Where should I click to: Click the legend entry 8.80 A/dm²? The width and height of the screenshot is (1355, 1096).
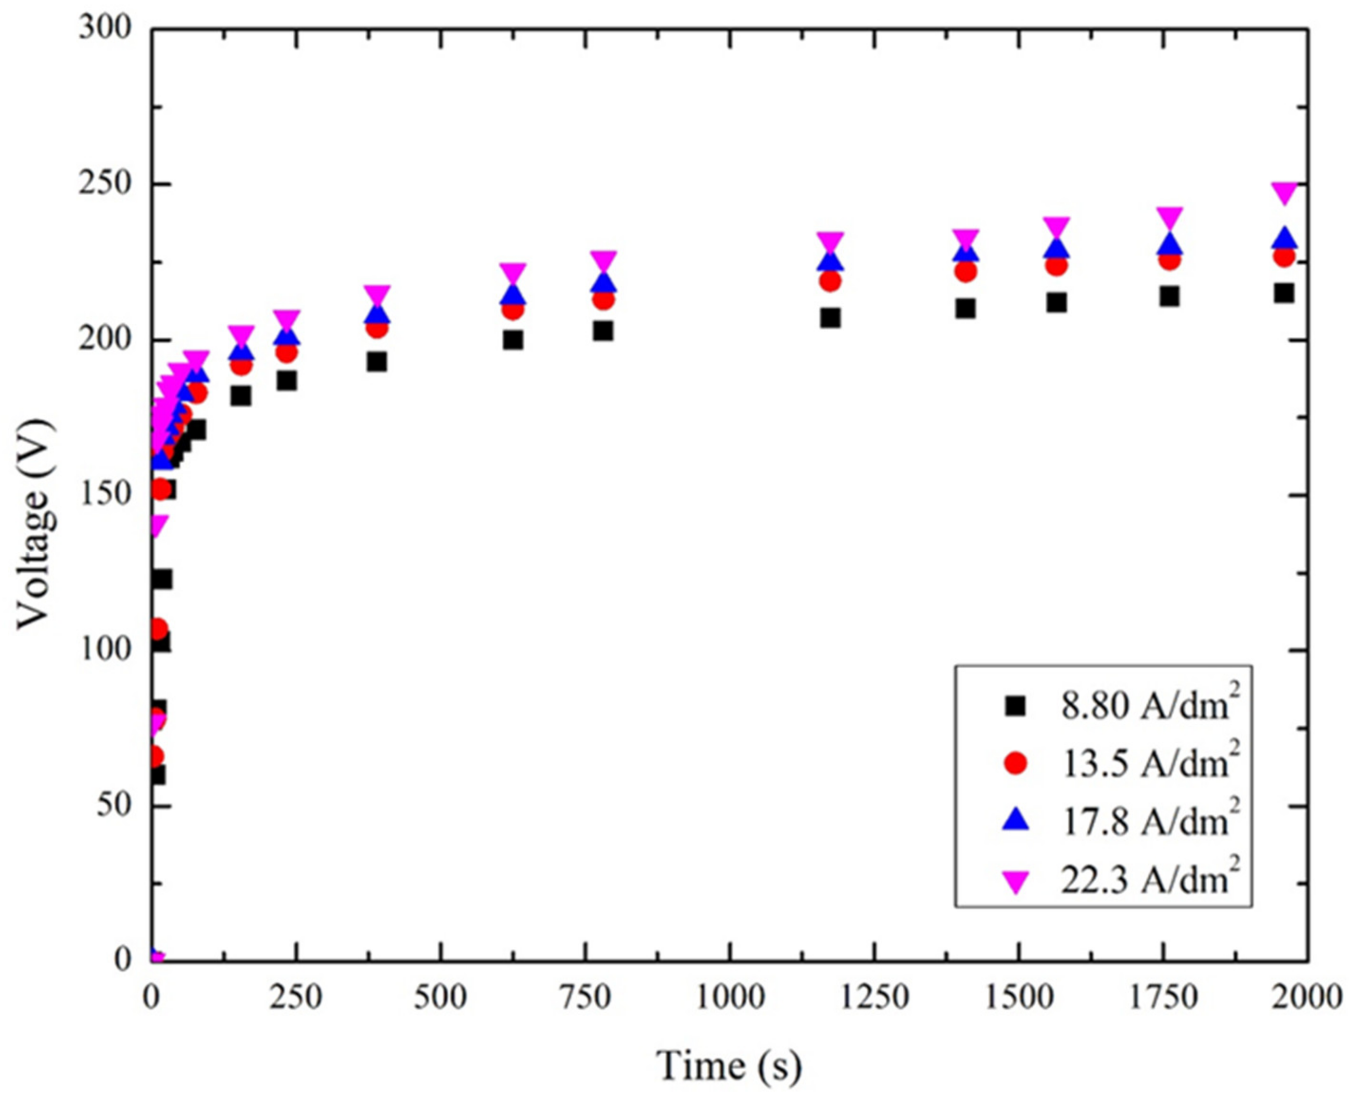(1146, 706)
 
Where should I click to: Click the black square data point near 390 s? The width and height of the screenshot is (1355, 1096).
(377, 362)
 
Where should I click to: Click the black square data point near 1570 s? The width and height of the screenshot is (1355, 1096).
(1056, 303)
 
